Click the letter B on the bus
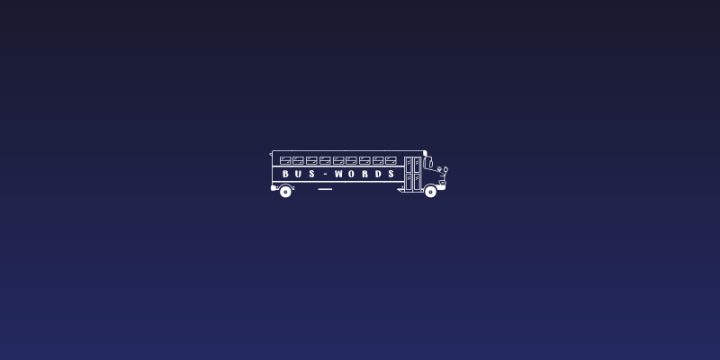click(x=285, y=174)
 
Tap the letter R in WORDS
click(x=365, y=174)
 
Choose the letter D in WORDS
click(x=378, y=174)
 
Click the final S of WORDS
click(x=391, y=174)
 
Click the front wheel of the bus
click(x=430, y=191)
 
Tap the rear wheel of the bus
click(x=285, y=191)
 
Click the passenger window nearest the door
click(x=391, y=160)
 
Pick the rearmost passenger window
click(x=285, y=160)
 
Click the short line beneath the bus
click(x=325, y=189)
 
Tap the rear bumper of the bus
click(x=274, y=187)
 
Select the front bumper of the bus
click(x=442, y=187)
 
